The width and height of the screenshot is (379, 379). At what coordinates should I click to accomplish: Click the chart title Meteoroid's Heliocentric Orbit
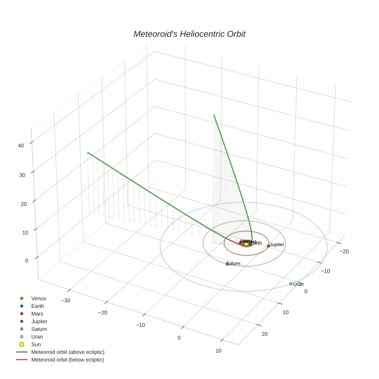coord(189,34)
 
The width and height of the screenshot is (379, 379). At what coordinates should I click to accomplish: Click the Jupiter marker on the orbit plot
coord(268,246)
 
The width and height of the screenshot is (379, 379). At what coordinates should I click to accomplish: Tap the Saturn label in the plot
coord(233,263)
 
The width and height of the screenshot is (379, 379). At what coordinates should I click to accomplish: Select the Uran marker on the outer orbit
coord(291,284)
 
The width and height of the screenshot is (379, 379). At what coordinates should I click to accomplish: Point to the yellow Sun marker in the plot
coord(246,244)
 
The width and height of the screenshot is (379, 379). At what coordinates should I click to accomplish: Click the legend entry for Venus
coord(38,298)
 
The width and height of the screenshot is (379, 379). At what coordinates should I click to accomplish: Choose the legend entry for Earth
coord(37,306)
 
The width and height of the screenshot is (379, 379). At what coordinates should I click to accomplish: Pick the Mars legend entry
coord(37,314)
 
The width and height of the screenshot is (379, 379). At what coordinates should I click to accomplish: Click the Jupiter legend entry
coord(39,321)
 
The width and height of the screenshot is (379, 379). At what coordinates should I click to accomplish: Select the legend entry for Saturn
coord(39,329)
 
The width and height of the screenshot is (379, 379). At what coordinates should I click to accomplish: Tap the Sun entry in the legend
coord(36,344)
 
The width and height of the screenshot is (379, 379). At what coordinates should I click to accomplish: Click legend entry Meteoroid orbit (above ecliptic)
coord(67,352)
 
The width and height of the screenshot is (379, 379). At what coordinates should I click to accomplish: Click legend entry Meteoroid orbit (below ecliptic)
coord(67,360)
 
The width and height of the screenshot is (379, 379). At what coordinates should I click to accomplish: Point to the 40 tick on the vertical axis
coord(21,146)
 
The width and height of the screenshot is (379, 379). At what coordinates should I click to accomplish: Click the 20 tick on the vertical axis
coord(24,204)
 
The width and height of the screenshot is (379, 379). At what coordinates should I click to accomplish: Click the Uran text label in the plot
coord(299,284)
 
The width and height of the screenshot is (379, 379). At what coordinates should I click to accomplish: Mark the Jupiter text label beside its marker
coord(277,245)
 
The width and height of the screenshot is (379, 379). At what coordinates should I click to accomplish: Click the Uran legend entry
coord(37,337)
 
